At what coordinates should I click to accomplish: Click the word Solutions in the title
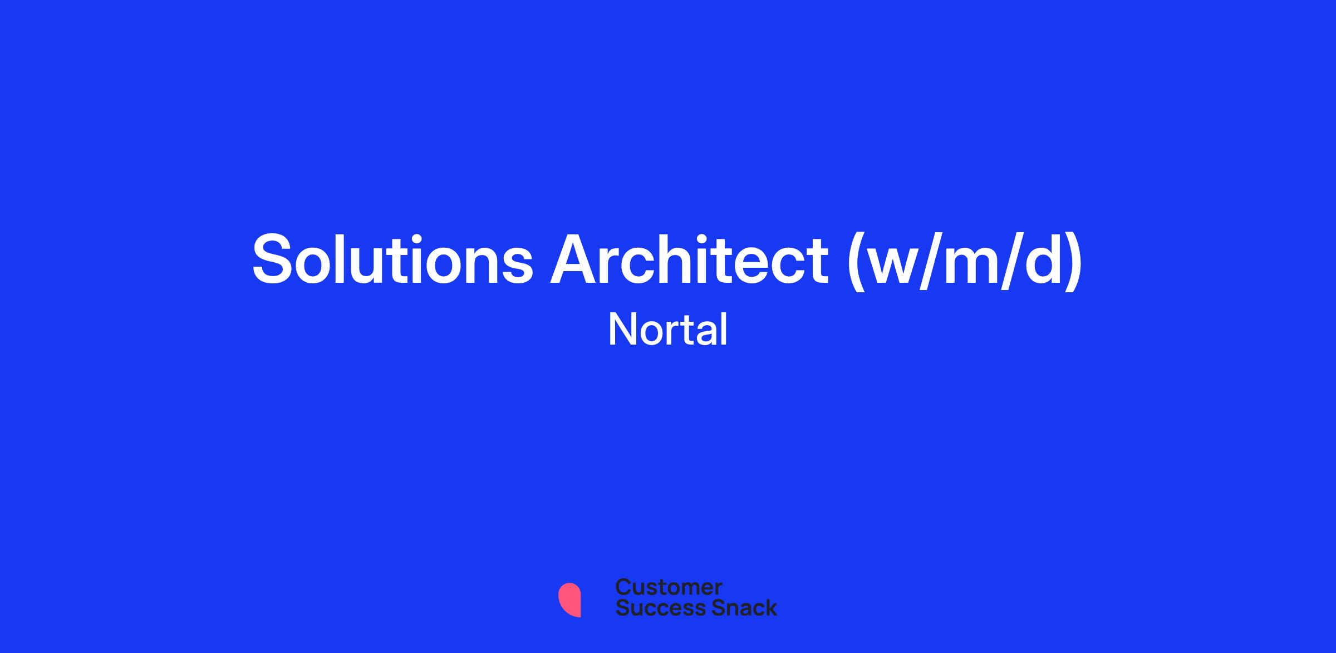(393, 259)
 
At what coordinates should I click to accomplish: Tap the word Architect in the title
(690, 259)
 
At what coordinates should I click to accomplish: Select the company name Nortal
(668, 330)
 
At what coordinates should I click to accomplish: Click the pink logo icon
(569, 600)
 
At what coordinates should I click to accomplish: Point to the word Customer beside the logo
(669, 587)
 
